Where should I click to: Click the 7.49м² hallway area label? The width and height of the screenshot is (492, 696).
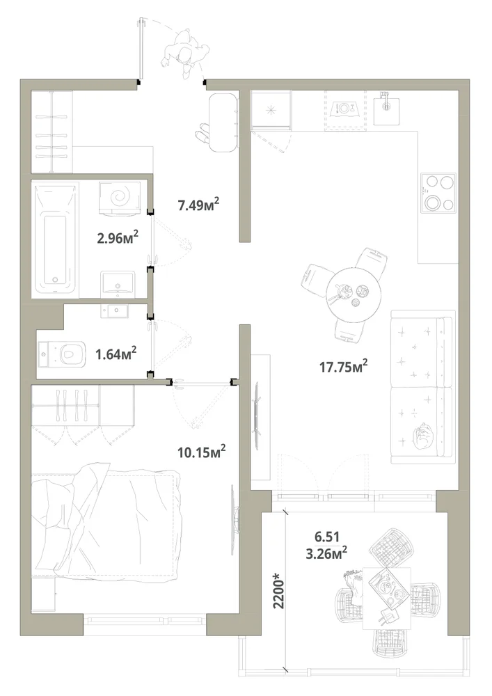[x=199, y=205]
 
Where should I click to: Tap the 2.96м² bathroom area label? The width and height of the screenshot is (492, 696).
[x=118, y=237]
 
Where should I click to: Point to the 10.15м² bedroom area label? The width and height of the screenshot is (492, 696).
[x=202, y=452]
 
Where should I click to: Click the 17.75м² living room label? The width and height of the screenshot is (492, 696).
[x=344, y=367]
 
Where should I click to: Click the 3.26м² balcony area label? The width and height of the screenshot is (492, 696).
[x=326, y=554]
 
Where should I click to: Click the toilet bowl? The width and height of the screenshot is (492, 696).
[x=62, y=354]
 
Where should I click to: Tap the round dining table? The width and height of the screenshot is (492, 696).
[x=354, y=292]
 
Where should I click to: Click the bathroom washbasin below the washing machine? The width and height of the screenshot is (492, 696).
[x=118, y=285]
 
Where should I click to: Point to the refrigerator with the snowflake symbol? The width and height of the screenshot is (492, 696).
[x=271, y=109]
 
